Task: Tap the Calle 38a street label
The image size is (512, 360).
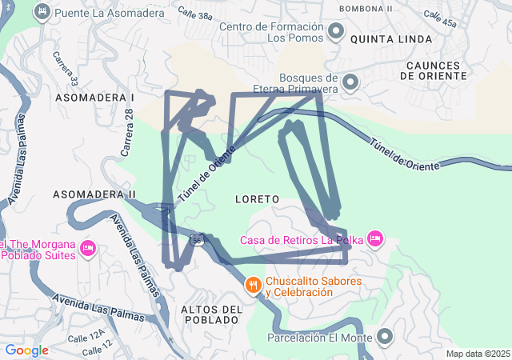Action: tap(195, 15)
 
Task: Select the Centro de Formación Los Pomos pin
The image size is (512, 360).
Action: tap(336, 32)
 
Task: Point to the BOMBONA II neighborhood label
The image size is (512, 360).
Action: tap(366, 8)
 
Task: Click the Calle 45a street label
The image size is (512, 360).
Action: tap(441, 18)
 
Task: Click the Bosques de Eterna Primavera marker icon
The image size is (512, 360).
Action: tap(350, 82)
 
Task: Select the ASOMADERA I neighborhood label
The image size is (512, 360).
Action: tap(94, 97)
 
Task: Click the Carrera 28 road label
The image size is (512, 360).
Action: tap(126, 131)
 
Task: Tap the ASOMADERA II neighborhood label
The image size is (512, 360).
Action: tap(94, 194)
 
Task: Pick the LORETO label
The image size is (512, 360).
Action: tap(258, 198)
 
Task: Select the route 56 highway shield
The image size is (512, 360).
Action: tap(197, 239)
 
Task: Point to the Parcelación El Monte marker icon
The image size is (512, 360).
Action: tap(386, 337)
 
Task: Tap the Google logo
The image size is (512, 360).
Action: tap(26, 350)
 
